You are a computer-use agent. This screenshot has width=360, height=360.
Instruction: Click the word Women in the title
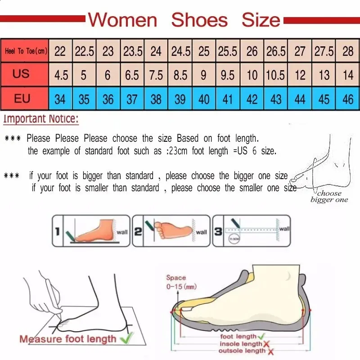(122, 20)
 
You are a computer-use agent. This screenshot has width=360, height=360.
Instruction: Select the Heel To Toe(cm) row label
(26, 51)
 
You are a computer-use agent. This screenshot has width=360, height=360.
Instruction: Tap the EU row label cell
(22, 98)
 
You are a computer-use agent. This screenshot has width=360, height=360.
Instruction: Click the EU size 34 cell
(60, 99)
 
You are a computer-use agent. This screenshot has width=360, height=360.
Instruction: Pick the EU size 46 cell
(348, 99)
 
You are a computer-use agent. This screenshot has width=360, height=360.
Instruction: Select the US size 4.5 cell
(61, 75)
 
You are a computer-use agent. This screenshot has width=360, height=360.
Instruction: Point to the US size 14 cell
(348, 75)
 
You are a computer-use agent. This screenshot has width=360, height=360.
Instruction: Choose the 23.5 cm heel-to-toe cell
(132, 51)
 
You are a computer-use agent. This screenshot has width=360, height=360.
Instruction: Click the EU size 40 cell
(204, 99)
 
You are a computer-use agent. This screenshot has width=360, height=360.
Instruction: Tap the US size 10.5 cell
(275, 75)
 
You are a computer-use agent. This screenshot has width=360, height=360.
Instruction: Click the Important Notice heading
(41, 120)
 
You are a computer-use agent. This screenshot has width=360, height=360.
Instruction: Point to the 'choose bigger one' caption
(329, 196)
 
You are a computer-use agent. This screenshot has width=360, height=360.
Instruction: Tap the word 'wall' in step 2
(201, 232)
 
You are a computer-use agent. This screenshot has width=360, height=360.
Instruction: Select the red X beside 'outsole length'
(271, 351)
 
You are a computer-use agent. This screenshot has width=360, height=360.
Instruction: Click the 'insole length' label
(240, 344)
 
